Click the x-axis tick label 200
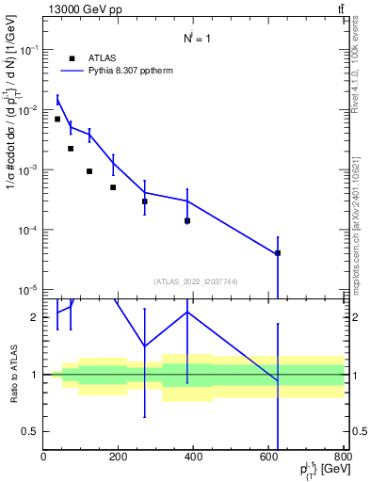(x=119, y=457)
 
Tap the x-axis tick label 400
(x=194, y=457)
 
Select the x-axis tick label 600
(x=269, y=457)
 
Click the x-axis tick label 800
(x=343, y=457)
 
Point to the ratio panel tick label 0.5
(x=32, y=431)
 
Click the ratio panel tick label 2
(x=36, y=317)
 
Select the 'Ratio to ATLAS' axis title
(x=11, y=375)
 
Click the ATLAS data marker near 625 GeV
(x=278, y=253)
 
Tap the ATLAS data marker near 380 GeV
(x=187, y=221)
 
